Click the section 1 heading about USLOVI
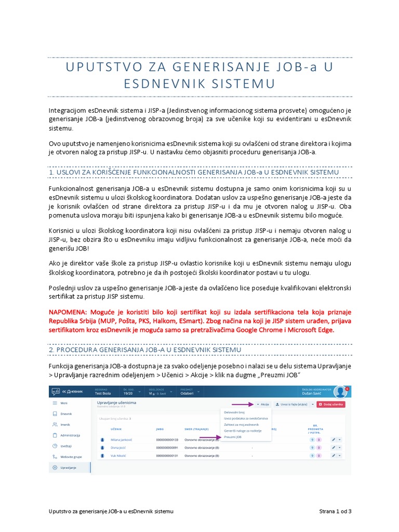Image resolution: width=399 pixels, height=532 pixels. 193,171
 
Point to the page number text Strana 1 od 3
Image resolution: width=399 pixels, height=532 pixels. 335,512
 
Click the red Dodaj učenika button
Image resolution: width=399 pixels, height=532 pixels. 331,404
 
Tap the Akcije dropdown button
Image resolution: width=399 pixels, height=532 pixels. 262,404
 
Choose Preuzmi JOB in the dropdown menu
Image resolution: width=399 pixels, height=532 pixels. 233,437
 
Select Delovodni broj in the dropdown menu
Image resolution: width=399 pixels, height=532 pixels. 234,412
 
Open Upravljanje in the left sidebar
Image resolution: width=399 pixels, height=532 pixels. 68,468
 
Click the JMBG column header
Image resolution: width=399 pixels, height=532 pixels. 159,429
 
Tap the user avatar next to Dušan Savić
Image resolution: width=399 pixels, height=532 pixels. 341,392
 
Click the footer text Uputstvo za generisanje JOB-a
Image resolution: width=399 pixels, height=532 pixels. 111,512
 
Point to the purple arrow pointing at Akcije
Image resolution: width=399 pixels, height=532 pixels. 242,404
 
